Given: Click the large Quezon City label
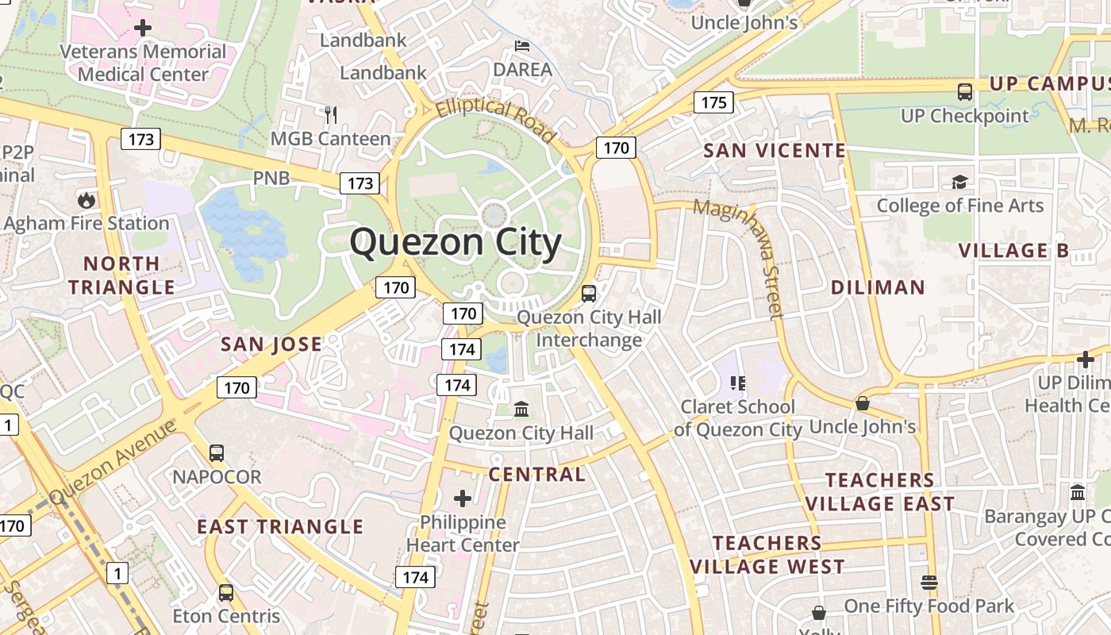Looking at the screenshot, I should (x=456, y=243).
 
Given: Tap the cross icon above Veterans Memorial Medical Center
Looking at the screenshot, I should (x=143, y=29).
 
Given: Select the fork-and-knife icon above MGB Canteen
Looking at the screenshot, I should (x=331, y=115).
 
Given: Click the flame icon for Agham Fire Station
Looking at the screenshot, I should (x=86, y=199).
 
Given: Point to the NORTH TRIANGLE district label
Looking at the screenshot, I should (x=121, y=275).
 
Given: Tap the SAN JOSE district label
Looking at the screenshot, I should (x=271, y=344).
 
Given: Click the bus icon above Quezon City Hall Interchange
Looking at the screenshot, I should (x=588, y=293).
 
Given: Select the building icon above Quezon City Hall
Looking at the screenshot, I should (x=521, y=410).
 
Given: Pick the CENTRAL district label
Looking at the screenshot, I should (x=536, y=475).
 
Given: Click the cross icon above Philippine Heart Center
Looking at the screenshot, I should (x=463, y=498).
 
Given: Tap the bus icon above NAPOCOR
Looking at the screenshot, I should (x=217, y=453).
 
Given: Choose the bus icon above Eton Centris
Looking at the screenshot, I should (x=226, y=592).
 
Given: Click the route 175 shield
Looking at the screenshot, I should (x=713, y=102).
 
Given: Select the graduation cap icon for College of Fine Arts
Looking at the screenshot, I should (x=959, y=183).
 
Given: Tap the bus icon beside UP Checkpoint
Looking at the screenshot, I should (x=965, y=92).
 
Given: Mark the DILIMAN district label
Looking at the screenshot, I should (x=878, y=287).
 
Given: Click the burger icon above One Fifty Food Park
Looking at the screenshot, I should (x=929, y=583).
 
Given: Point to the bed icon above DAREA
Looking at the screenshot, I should (x=522, y=45).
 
